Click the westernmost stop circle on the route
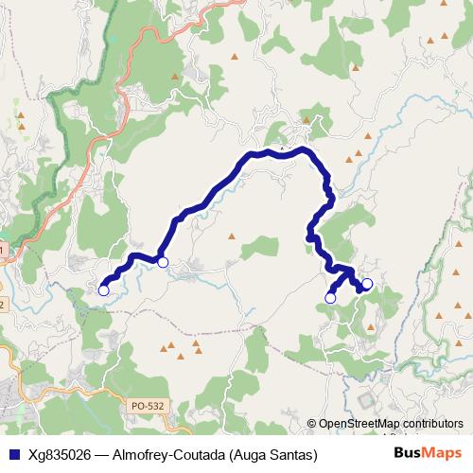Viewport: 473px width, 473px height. pyautogui.click(x=103, y=290)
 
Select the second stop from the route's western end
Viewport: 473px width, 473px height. pyautogui.click(x=163, y=262)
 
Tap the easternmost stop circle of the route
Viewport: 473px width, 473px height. pyautogui.click(x=367, y=283)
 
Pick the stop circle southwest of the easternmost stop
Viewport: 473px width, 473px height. pyautogui.click(x=330, y=298)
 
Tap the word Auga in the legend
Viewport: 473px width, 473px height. pyautogui.click(x=262, y=454)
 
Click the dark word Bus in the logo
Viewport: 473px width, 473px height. pyautogui.click(x=408, y=453)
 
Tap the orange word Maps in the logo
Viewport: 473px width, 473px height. pyautogui.click(x=441, y=453)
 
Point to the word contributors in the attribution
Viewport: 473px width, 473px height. pyautogui.click(x=432, y=424)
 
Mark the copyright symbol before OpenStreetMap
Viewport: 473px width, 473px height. pyautogui.click(x=312, y=424)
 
